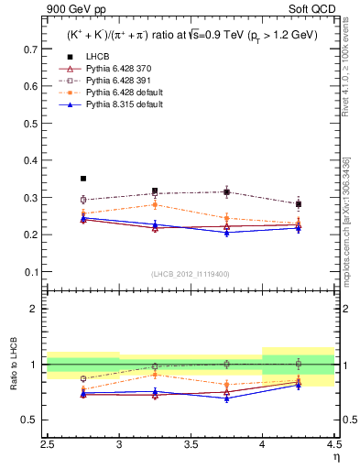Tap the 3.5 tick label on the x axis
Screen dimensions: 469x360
click(x=191, y=443)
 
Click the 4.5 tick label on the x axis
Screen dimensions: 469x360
click(x=333, y=443)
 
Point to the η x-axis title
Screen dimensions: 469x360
click(x=336, y=455)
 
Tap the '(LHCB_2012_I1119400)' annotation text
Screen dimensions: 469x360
click(x=191, y=274)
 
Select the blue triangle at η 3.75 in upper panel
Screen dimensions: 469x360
click(x=226, y=233)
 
